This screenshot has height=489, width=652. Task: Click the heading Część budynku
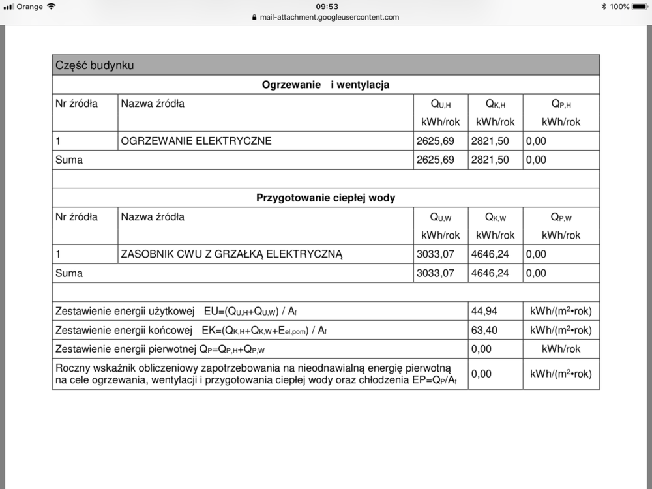pyautogui.click(x=95, y=65)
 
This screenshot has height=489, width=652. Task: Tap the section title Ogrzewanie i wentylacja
pyautogui.click(x=325, y=85)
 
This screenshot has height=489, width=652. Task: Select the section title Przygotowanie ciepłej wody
pyautogui.click(x=325, y=198)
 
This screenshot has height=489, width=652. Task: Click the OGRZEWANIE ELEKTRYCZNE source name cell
pyautogui.click(x=196, y=141)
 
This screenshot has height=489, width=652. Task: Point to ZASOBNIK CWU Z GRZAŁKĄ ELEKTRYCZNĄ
pyautogui.click(x=231, y=254)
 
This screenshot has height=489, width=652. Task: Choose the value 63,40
pyautogui.click(x=484, y=330)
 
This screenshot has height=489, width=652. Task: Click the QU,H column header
pyautogui.click(x=440, y=104)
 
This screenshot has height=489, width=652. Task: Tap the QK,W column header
pyautogui.click(x=496, y=217)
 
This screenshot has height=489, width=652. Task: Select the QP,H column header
pyautogui.click(x=561, y=104)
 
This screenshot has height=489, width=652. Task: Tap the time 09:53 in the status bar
pyautogui.click(x=327, y=7)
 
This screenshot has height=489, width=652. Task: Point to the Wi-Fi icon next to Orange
pyautogui.click(x=52, y=7)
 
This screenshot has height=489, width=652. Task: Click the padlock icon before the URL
pyautogui.click(x=254, y=18)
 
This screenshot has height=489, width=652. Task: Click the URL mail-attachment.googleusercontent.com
pyautogui.click(x=329, y=18)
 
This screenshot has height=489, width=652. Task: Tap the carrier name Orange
pyautogui.click(x=29, y=7)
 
